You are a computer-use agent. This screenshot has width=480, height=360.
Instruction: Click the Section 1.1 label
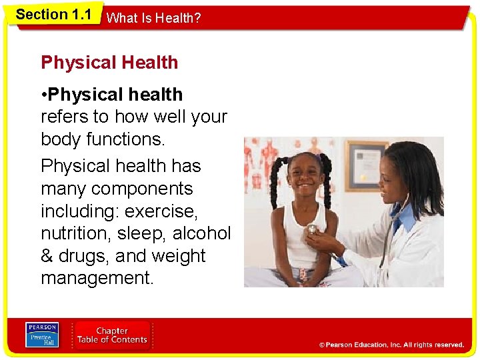click(x=53, y=15)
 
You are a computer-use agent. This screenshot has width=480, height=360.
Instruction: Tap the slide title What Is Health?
click(x=153, y=19)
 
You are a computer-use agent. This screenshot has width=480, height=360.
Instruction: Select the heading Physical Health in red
click(x=109, y=63)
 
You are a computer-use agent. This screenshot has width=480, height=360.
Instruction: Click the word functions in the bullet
click(x=133, y=140)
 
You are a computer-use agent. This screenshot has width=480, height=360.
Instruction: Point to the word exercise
click(x=161, y=212)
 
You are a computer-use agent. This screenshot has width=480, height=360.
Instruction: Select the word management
click(x=97, y=278)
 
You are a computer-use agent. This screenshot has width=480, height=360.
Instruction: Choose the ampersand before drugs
click(x=48, y=256)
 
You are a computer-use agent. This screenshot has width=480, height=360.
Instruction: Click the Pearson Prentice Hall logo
click(x=42, y=335)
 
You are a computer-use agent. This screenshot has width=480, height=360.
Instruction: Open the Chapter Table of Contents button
click(x=111, y=335)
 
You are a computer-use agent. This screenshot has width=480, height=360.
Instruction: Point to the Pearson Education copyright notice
click(x=391, y=345)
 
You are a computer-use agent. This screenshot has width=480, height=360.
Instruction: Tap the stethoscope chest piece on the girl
click(x=311, y=229)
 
